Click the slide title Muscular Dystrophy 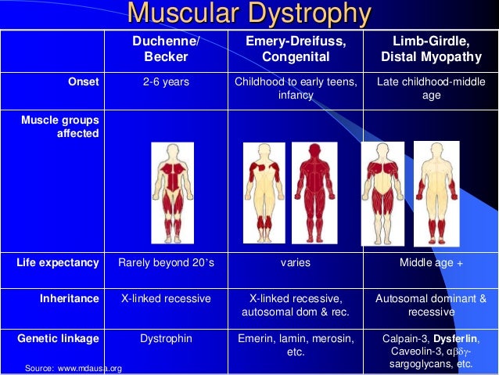point(249,14)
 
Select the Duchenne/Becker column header point(167,49)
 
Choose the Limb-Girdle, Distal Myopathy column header point(431,49)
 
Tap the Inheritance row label point(70,298)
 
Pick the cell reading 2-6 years point(166,81)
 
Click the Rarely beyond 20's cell point(166,263)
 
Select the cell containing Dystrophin point(166,338)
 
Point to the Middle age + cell point(431,263)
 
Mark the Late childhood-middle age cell point(431,88)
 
